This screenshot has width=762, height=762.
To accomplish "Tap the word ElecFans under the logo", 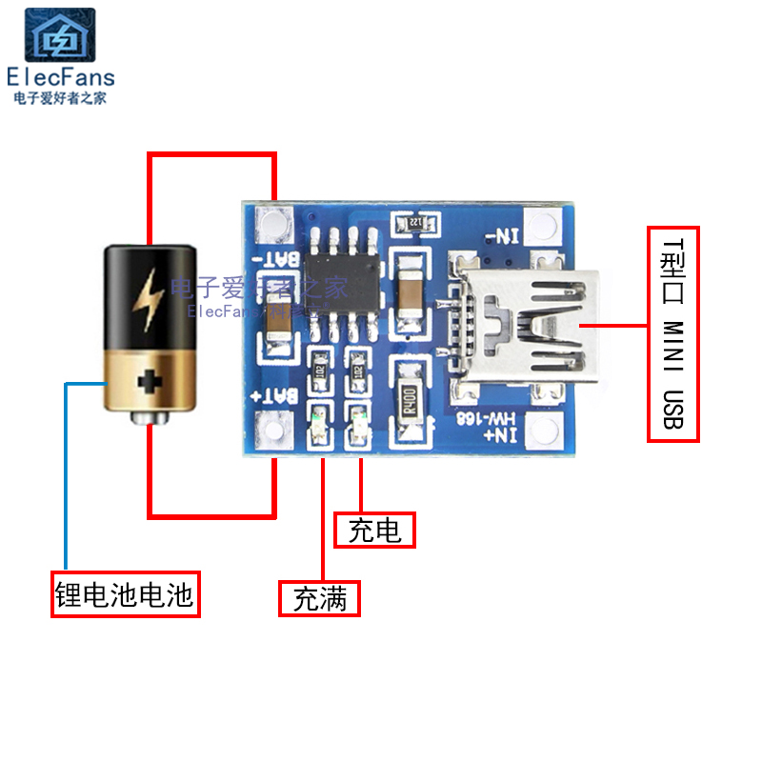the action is click(60, 77).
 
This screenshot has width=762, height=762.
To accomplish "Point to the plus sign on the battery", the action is click(150, 384).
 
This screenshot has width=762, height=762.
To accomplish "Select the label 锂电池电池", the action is click(125, 595).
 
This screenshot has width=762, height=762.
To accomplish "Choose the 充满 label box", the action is click(319, 599).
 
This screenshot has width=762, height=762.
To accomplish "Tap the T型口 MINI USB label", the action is click(672, 333).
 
